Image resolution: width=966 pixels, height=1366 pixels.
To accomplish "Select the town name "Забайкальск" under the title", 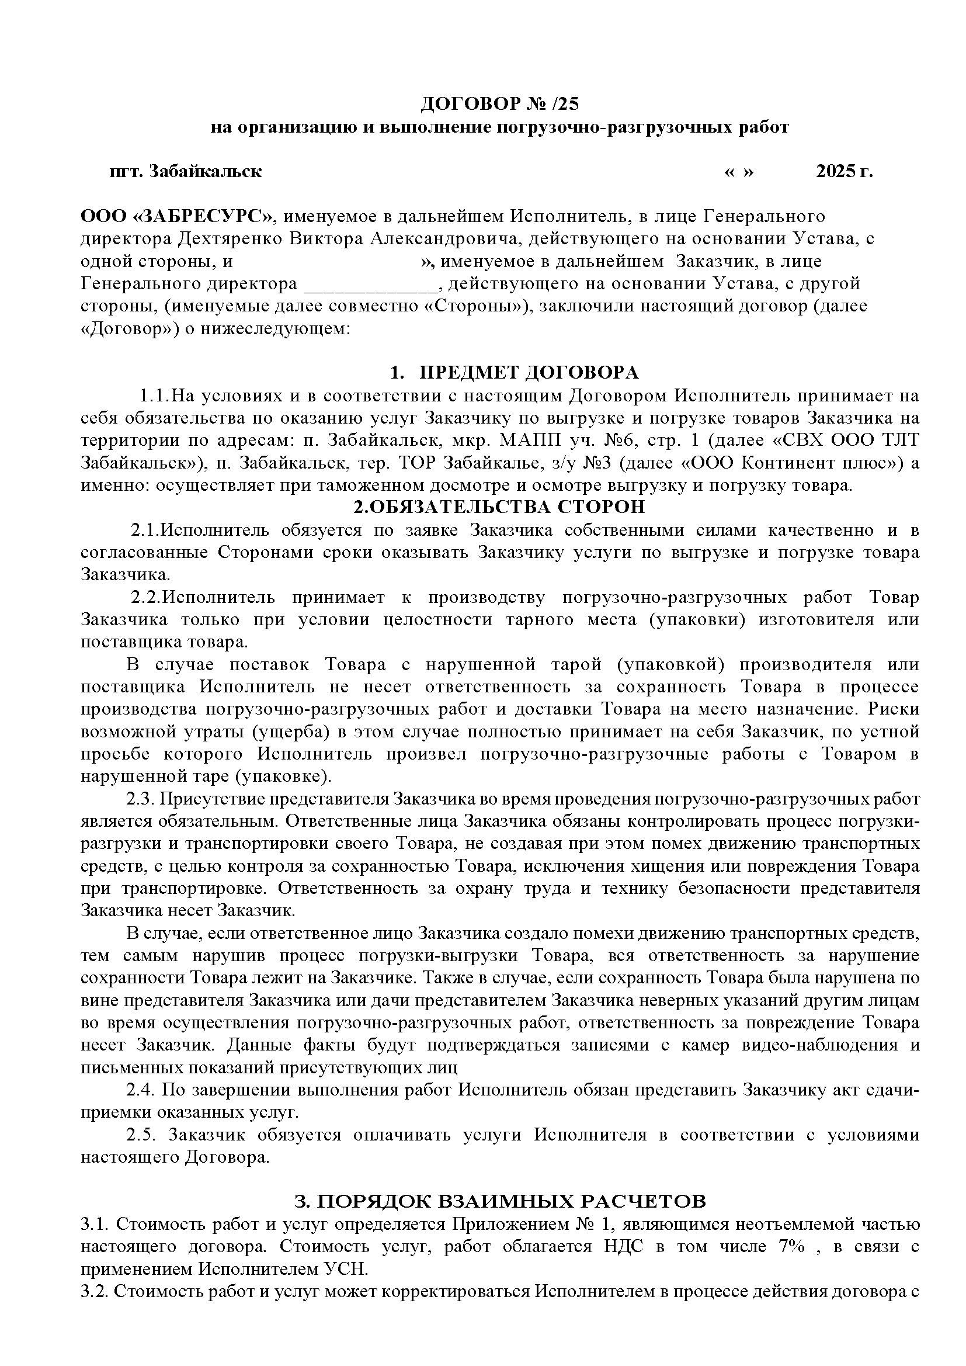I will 205,171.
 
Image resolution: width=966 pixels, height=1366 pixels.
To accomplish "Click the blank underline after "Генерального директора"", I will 371,285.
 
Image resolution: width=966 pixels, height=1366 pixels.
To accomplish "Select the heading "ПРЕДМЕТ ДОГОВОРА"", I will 529,372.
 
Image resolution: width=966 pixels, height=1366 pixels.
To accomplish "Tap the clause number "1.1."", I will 155,396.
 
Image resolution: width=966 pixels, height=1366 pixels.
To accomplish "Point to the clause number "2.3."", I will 139,799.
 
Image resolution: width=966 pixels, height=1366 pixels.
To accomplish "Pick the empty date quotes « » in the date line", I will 739,171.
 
